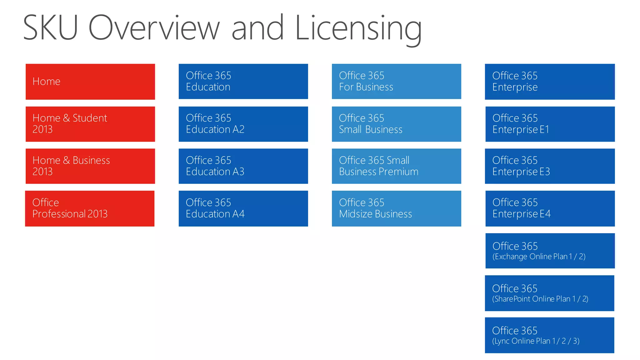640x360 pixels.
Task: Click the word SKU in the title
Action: click(50, 28)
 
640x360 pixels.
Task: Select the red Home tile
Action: click(90, 82)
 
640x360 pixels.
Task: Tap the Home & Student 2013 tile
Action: click(90, 124)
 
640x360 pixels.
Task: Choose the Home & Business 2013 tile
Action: click(90, 166)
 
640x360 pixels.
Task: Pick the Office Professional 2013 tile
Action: click(90, 208)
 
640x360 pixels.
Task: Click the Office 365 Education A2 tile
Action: click(243, 124)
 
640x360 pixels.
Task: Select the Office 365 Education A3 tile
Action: click(243, 166)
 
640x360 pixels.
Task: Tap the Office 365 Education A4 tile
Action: click(243, 208)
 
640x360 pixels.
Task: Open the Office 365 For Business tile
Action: click(396, 82)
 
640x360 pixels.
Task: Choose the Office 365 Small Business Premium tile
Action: click(396, 166)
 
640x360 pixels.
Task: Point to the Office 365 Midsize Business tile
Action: click(396, 208)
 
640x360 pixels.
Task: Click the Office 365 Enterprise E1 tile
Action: click(550, 124)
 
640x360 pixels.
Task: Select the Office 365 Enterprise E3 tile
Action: click(550, 166)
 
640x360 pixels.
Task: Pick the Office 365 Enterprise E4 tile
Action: click(550, 208)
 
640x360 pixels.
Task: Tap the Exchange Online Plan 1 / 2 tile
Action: click(550, 251)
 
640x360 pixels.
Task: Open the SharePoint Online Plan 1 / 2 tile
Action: click(549, 293)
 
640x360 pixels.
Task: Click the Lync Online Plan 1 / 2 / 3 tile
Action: click(549, 335)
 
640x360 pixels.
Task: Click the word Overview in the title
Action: click(154, 28)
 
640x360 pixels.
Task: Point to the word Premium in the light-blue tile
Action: click(398, 172)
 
